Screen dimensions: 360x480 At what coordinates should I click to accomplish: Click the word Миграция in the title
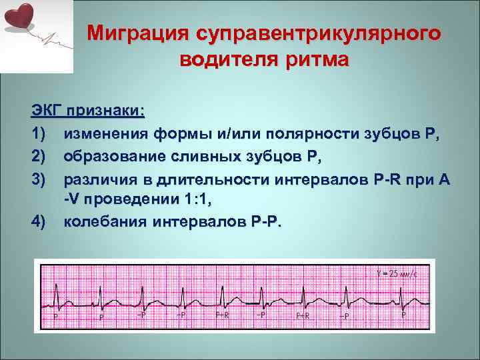(x=141, y=33)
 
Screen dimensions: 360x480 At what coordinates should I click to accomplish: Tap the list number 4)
(x=39, y=221)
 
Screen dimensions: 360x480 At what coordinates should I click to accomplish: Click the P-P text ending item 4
(x=264, y=221)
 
